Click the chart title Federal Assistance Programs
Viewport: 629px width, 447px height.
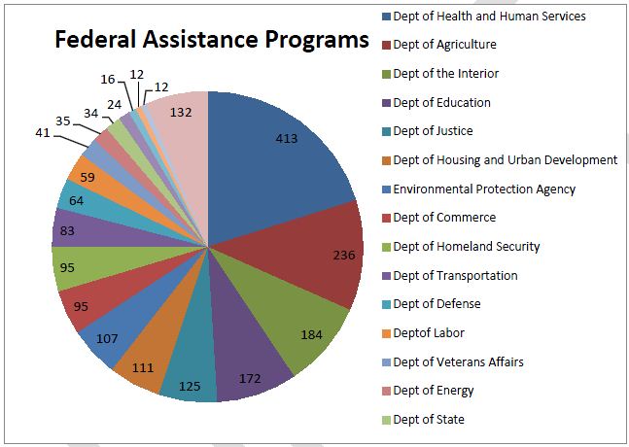pos(211,41)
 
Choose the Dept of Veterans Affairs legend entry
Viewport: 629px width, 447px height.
pos(458,361)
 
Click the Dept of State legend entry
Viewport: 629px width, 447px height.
pos(429,420)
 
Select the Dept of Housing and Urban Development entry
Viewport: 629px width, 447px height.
pos(504,159)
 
